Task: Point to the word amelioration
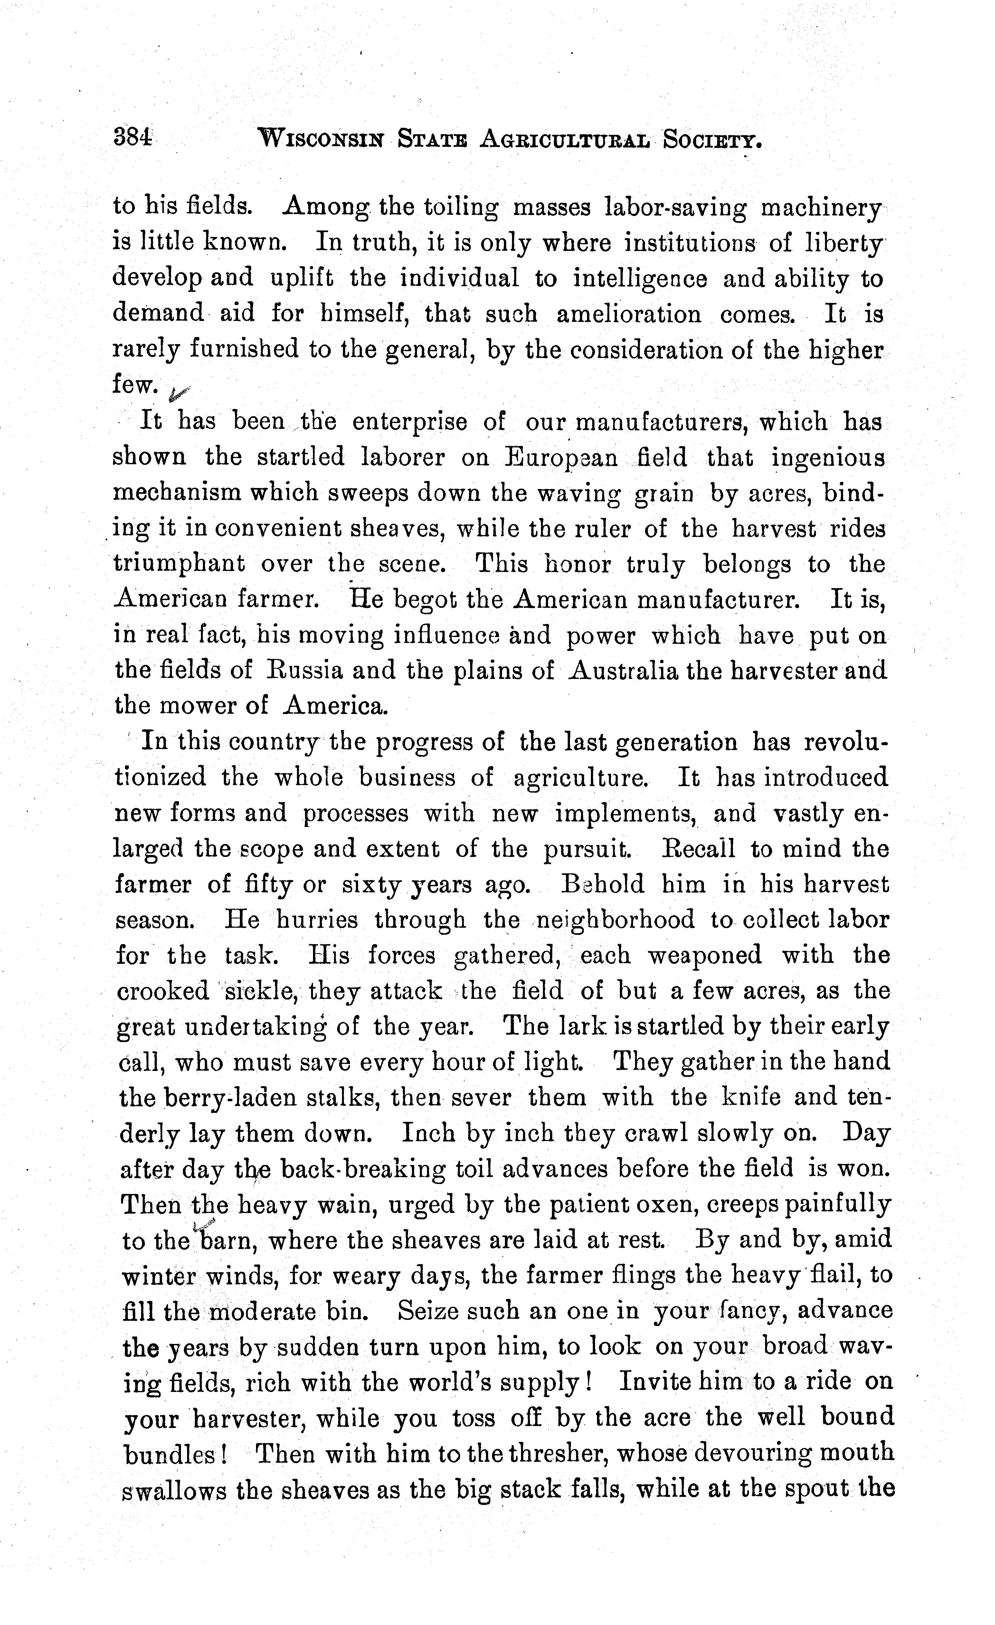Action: click(629, 314)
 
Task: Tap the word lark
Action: click(581, 1027)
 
